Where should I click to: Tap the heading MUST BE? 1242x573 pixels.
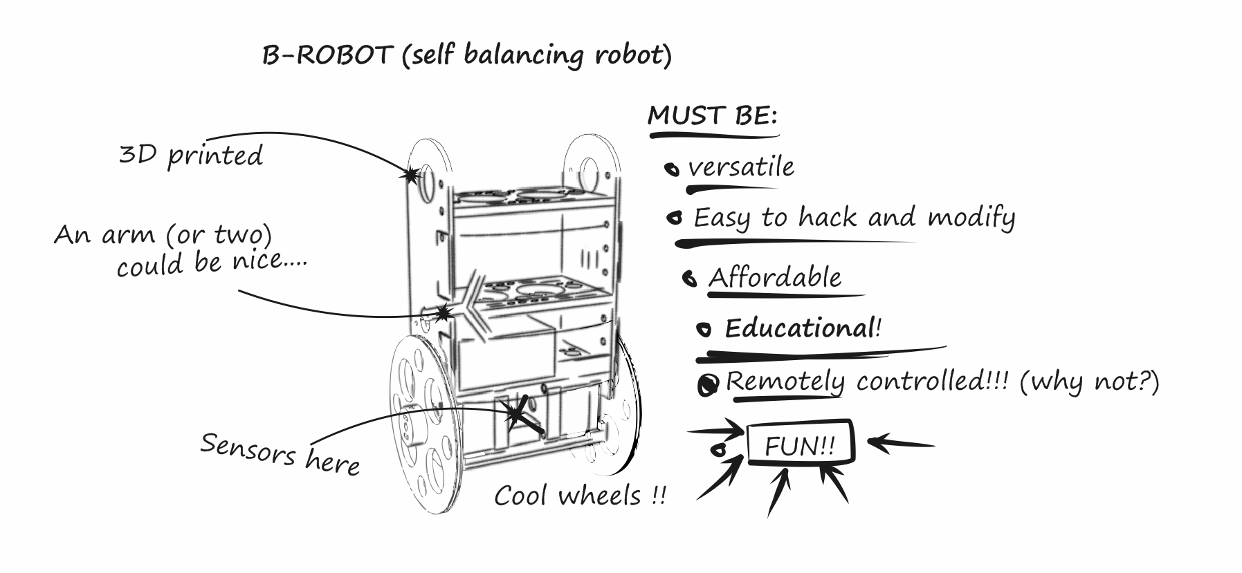pos(712,116)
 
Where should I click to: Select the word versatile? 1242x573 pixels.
pos(741,168)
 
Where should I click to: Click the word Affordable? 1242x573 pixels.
pos(775,278)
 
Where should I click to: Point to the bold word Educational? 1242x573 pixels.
pos(800,328)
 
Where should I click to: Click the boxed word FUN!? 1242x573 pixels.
pos(801,446)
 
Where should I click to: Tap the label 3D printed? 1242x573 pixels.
pos(191,156)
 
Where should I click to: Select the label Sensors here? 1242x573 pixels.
pos(280,454)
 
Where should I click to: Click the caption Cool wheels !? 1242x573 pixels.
pos(580,496)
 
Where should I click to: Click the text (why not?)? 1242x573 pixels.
pos(1089,382)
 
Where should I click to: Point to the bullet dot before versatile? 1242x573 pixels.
pos(671,169)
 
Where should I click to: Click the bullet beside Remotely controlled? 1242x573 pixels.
pos(708,386)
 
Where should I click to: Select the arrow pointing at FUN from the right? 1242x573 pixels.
pos(899,442)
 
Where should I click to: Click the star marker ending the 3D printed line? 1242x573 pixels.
pos(411,175)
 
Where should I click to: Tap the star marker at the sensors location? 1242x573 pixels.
pos(515,414)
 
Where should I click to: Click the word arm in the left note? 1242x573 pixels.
pos(129,235)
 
